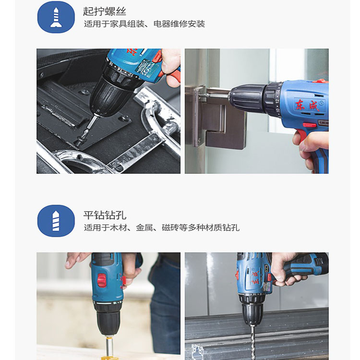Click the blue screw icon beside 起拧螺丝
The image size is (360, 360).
pyautogui.click(x=56, y=17)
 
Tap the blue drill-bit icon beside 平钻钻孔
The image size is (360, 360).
pyautogui.click(x=56, y=221)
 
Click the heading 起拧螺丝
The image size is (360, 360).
pyautogui.click(x=105, y=11)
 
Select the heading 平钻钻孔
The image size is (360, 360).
pyautogui.click(x=105, y=215)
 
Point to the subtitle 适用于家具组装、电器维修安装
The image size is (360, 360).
pyautogui.click(x=144, y=24)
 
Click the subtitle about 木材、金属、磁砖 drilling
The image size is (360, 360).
pyautogui.click(x=162, y=228)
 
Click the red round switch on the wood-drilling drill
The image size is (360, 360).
pyautogui.click(x=102, y=281)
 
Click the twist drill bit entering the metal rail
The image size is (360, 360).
pyautogui.click(x=253, y=343)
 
